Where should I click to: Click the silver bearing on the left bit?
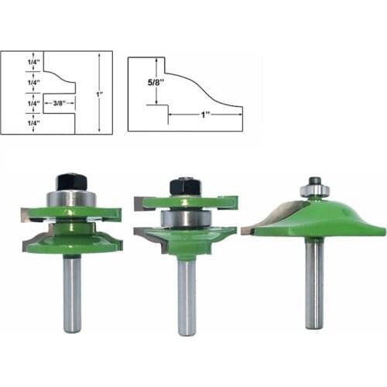pyautogui.click(x=70, y=199)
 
